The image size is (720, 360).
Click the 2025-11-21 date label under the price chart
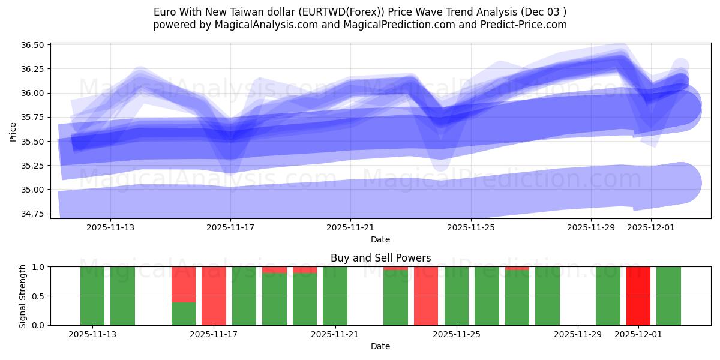(350, 228)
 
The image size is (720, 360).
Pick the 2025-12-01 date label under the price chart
(651, 228)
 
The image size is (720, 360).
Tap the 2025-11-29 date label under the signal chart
(577, 335)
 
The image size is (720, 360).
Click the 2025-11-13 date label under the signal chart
(92, 335)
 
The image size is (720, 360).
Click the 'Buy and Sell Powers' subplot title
(380, 258)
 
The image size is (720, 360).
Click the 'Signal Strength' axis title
(23, 296)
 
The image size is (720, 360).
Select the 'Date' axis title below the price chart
(380, 239)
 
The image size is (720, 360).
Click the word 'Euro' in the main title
(165, 12)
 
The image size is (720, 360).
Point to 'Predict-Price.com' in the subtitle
(526, 25)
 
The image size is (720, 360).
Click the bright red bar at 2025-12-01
(638, 296)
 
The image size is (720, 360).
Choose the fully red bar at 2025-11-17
(214, 296)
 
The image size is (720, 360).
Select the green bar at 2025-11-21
(335, 296)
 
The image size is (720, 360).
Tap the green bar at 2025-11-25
(456, 296)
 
